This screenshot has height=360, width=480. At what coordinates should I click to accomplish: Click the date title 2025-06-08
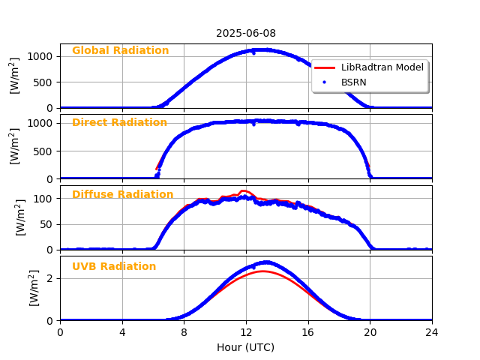point(246,33)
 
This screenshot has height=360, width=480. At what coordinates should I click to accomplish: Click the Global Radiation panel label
point(120,51)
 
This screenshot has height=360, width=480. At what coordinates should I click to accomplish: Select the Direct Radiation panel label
point(119,123)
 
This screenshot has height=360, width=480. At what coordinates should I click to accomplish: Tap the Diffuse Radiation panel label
point(122,195)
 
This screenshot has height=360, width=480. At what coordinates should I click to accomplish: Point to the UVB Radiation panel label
point(114,267)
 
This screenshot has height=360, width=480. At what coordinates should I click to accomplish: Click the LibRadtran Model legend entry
point(382,67)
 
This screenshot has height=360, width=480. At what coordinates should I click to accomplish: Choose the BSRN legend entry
point(353,82)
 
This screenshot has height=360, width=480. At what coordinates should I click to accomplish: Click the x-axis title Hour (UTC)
point(245,347)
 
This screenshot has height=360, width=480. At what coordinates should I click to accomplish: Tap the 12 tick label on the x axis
point(246,332)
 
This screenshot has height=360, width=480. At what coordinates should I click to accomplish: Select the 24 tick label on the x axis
point(432,332)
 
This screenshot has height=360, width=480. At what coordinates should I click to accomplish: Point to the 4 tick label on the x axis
point(122,332)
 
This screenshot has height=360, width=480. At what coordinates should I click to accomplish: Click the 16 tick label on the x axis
point(308,332)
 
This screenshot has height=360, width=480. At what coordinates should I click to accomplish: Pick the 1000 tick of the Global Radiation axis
point(41,56)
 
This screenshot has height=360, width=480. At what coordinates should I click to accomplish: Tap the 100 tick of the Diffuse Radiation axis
point(44,199)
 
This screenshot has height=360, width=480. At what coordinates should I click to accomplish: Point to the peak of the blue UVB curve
point(265,262)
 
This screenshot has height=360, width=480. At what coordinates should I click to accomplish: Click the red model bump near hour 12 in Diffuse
point(244,191)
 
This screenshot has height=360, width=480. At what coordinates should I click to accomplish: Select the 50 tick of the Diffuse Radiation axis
point(47,224)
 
